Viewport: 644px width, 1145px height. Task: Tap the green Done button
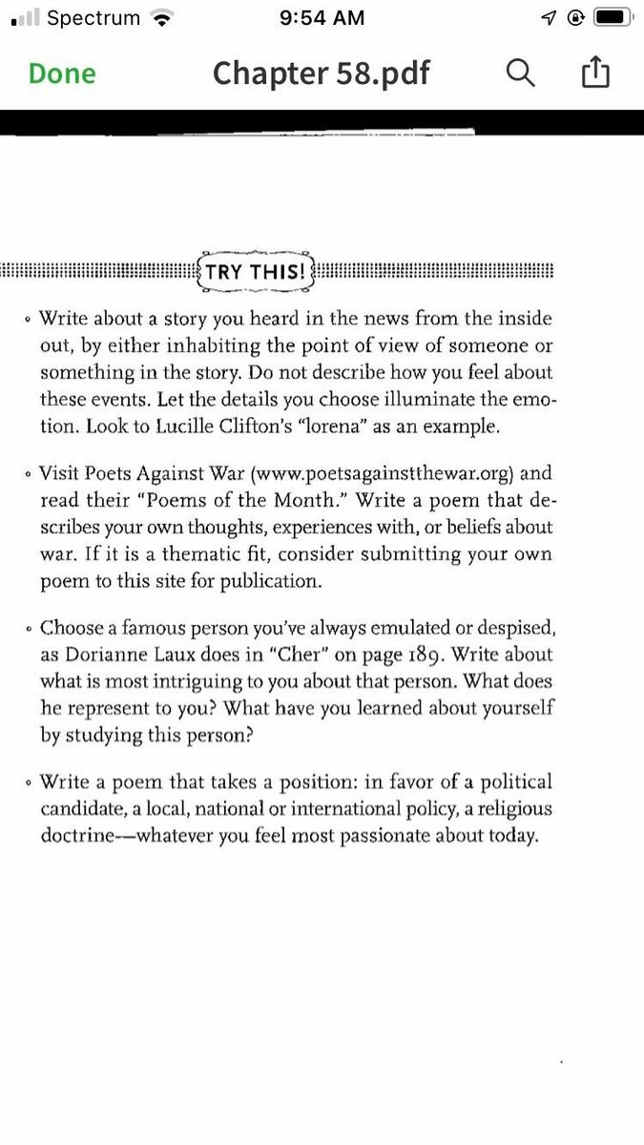(62, 73)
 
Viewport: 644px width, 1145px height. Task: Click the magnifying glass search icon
(520, 73)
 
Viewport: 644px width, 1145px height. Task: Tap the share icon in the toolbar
(594, 73)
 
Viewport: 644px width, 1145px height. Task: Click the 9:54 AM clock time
(322, 17)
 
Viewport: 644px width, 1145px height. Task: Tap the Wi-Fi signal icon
(164, 17)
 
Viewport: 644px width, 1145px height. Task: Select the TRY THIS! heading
(256, 272)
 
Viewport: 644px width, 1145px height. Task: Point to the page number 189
(527, 655)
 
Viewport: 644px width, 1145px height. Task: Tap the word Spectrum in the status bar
(93, 17)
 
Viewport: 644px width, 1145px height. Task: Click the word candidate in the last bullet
(82, 809)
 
